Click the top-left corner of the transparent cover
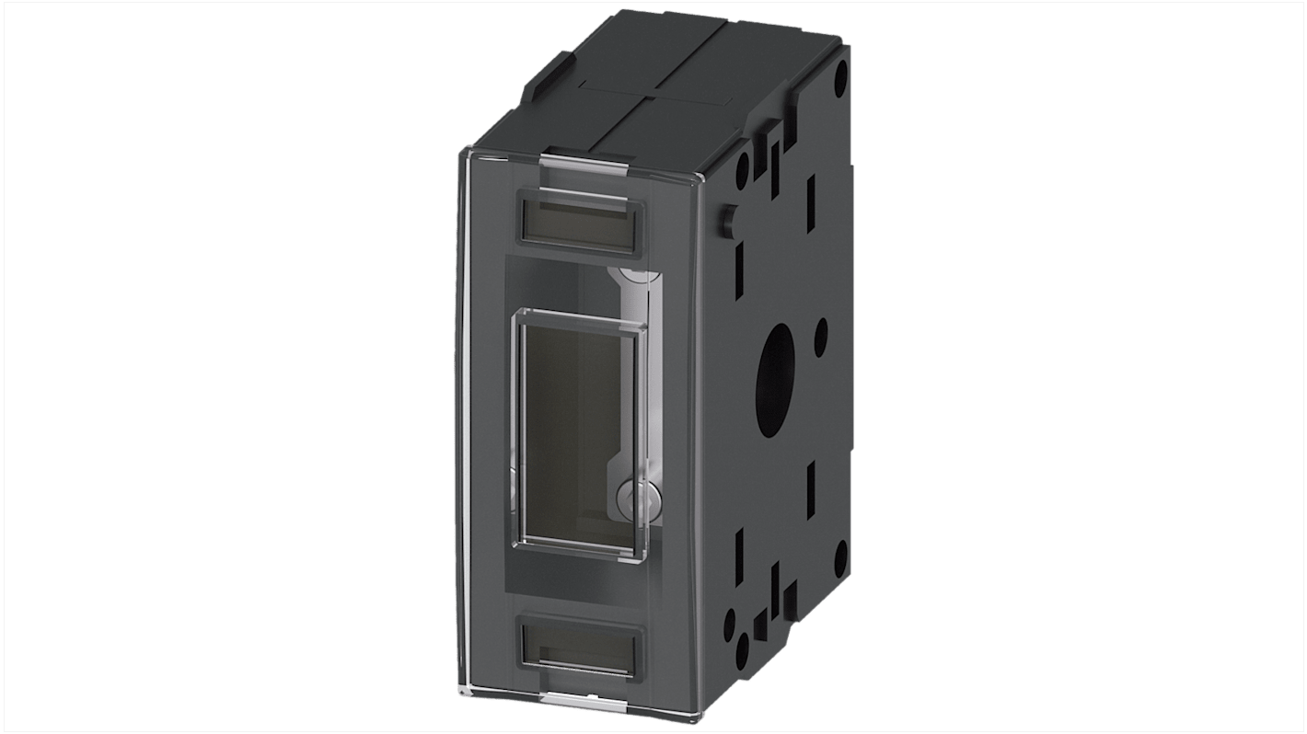click(460, 152)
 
